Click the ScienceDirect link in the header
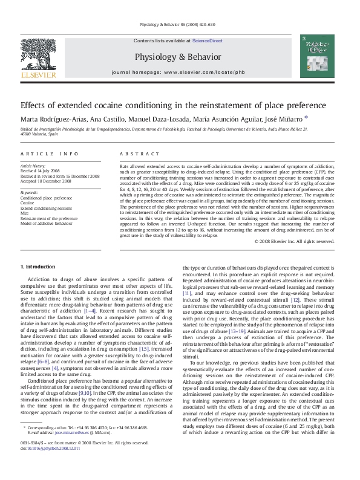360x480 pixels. click(208, 41)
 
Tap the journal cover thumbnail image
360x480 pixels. click(318, 57)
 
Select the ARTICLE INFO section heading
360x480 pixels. click(50, 155)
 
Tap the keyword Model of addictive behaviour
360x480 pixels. click(47, 223)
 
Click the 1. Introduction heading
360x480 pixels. click(38, 267)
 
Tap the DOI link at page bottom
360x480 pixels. click(53, 465)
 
